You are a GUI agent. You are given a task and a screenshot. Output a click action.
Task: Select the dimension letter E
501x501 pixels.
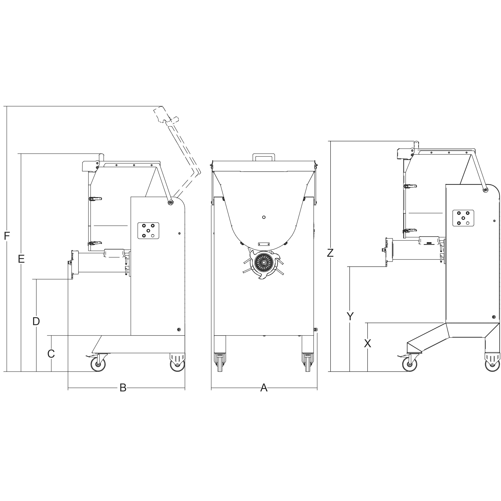pyautogui.click(x=21, y=259)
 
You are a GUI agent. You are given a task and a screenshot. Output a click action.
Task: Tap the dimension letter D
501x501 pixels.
pyautogui.click(x=36, y=321)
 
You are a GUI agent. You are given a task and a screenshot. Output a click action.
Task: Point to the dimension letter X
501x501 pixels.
pyautogui.click(x=367, y=343)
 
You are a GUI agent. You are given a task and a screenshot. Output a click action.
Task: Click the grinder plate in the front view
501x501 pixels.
pyautogui.click(x=264, y=263)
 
